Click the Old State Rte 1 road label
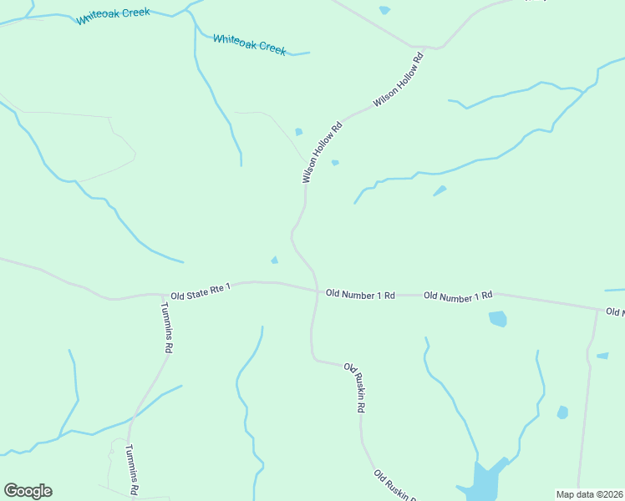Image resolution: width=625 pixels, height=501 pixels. (x=200, y=291)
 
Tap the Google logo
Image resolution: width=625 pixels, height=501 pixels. (x=28, y=491)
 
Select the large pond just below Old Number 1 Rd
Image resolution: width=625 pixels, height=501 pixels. (x=497, y=318)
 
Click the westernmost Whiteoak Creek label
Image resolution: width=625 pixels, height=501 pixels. (x=113, y=17)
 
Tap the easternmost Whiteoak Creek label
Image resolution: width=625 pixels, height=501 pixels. (x=249, y=44)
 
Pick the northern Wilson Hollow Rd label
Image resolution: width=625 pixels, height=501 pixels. (x=399, y=79)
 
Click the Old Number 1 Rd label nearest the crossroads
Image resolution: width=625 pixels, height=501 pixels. (x=360, y=294)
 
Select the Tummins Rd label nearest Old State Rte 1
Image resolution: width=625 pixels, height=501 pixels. (x=166, y=326)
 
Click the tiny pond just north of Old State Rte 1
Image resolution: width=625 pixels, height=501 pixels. (x=275, y=260)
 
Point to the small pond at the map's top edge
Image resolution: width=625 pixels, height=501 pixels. (x=384, y=10)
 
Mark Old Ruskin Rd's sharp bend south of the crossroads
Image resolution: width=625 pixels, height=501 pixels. (x=315, y=359)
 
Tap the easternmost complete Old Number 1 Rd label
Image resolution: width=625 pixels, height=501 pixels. (x=458, y=296)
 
